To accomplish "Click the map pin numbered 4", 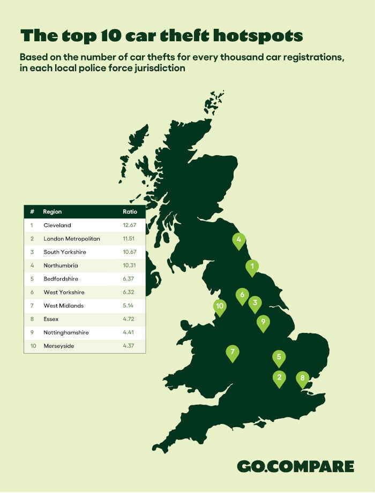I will pos(239,241).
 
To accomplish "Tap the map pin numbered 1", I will pos(252,266).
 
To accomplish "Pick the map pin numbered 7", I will pos(232,353).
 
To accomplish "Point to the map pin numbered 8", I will pos(303,378).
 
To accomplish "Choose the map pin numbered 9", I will pos(263,323).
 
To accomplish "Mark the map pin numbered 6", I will pos(242,295).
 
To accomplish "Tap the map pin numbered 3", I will pos(255,304).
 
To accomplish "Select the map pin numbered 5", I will pos(279,358).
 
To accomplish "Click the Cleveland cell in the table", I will pos(57,225).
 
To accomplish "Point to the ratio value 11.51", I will pos(130,239).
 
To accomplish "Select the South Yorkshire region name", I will pos(65,252).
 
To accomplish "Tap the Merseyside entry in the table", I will pos(59,346).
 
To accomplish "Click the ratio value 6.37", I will pos(130,279).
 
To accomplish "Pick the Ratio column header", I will pos(130,212).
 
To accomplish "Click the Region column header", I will pos(52,212).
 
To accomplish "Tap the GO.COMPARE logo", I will pos(295,466).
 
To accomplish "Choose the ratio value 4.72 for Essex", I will pos(130,320).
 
